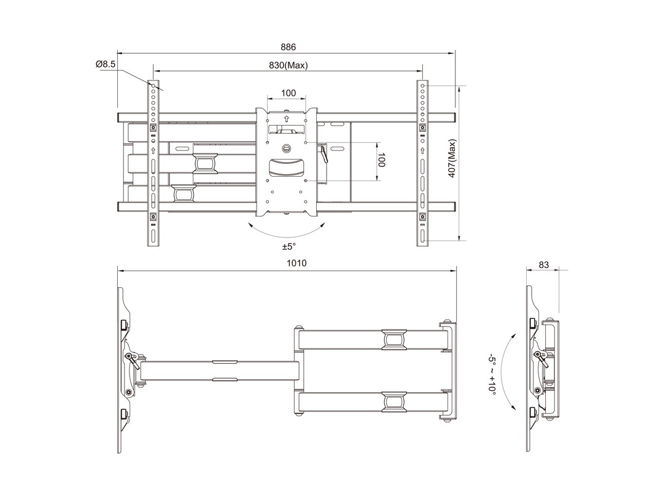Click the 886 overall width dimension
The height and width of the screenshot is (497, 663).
click(x=289, y=47)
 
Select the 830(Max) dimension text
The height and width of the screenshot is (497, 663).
click(x=289, y=66)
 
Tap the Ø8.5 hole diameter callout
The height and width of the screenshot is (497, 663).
click(x=106, y=64)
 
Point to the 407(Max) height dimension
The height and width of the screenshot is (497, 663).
click(x=452, y=158)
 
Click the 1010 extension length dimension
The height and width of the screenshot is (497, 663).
click(x=297, y=263)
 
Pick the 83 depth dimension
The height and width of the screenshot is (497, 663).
click(x=543, y=265)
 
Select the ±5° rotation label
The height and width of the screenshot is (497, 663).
click(x=289, y=247)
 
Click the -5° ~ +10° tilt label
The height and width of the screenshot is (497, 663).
click(x=492, y=374)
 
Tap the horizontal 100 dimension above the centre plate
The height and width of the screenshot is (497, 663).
click(x=289, y=93)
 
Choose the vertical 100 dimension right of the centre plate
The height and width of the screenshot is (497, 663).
click(x=381, y=160)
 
